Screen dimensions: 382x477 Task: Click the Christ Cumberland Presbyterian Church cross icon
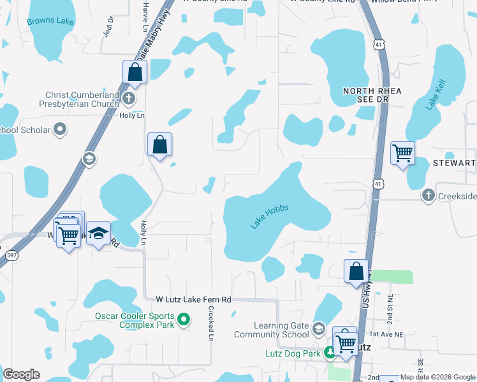coord(129,98)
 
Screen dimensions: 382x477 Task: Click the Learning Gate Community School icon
coord(319,329)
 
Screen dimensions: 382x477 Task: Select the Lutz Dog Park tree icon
coord(330,351)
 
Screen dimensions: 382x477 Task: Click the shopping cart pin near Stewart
coord(402,153)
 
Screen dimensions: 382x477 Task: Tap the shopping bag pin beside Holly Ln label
coord(160,144)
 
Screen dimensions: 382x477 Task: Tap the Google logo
coord(21,374)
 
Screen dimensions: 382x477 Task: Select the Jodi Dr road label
coord(108,26)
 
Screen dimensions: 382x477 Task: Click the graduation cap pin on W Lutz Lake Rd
coord(98,233)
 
